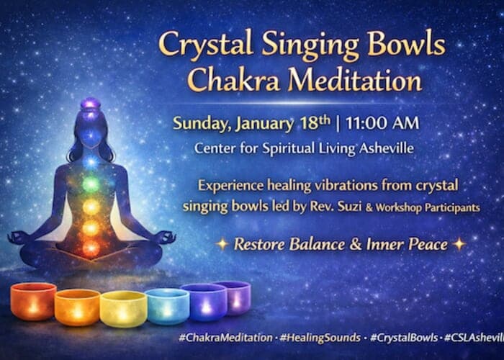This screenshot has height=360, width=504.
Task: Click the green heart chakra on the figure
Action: click(91, 184)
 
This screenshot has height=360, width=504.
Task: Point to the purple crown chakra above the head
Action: click(90, 105)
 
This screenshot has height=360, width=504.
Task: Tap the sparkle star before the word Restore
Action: click(223, 243)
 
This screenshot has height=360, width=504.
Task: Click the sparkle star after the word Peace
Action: click(459, 243)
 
